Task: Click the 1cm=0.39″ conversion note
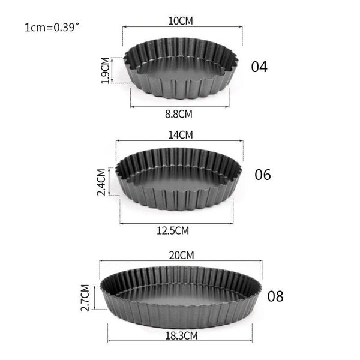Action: [52, 27]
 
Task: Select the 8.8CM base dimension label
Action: [179, 113]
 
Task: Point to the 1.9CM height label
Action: [106, 71]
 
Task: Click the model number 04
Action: [259, 67]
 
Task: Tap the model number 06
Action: [263, 175]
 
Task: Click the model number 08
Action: [275, 296]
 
